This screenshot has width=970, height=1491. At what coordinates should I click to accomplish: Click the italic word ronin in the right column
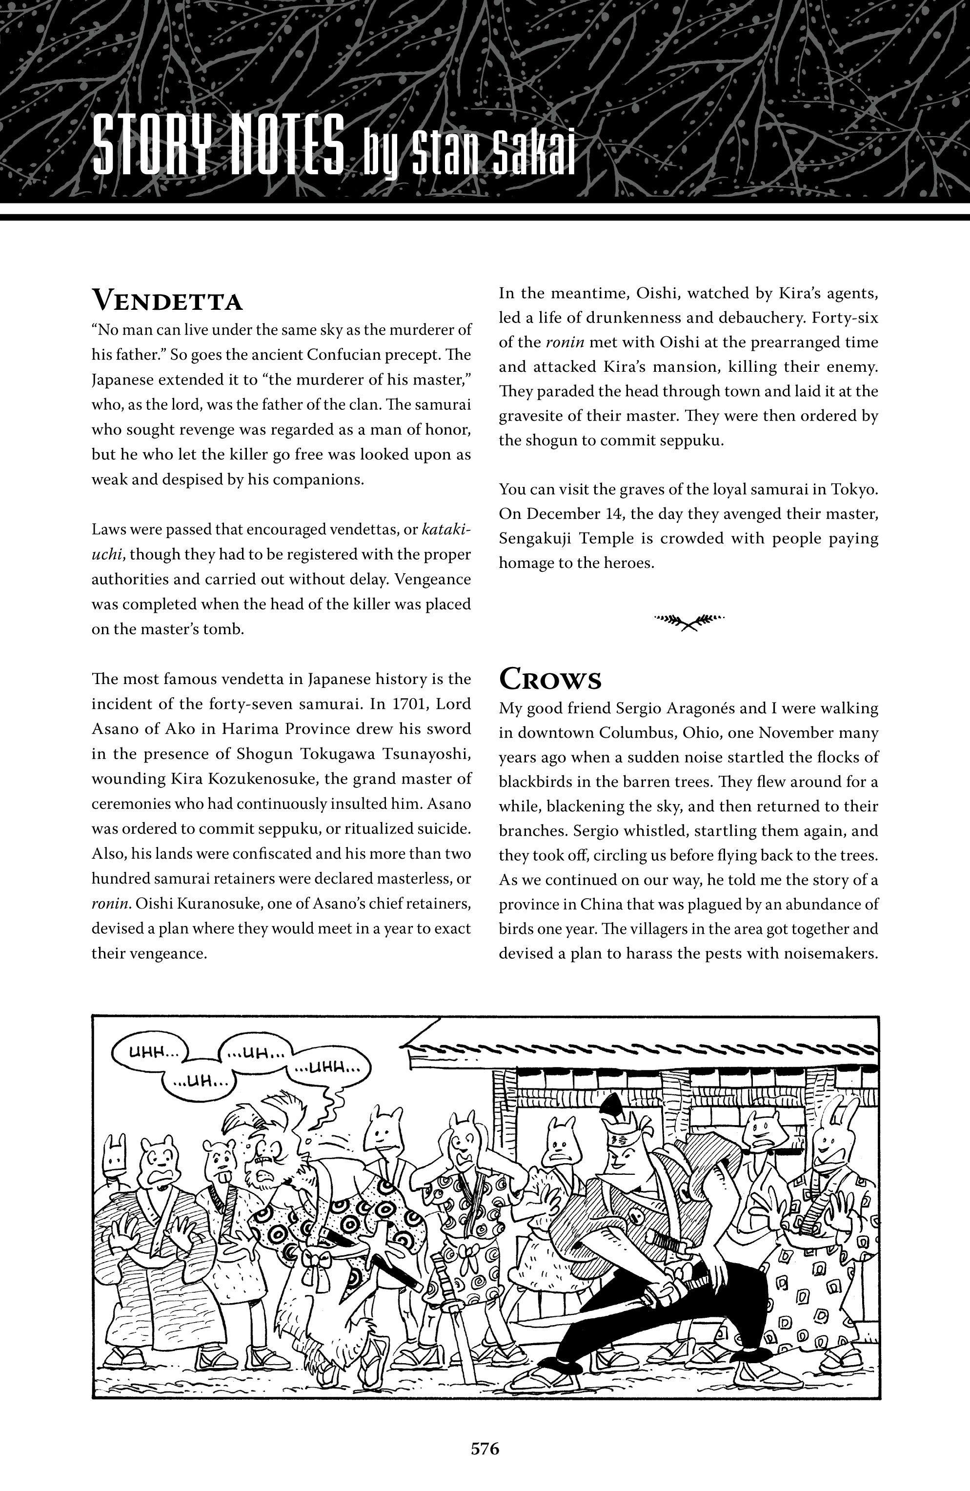click(x=562, y=342)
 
